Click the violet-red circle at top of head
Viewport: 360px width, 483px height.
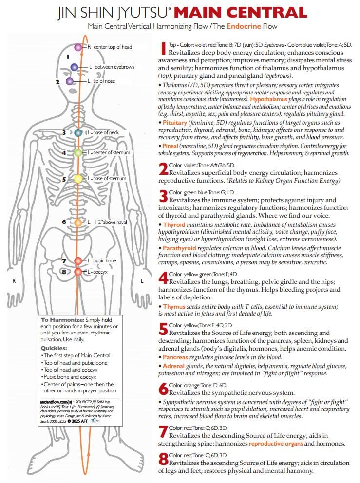pyautogui.click(x=78, y=47)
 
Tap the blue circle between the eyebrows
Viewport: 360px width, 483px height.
pyautogui.click(x=74, y=67)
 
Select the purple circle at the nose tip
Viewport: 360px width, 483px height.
pyautogui.click(x=70, y=81)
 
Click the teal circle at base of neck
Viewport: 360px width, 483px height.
pyautogui.click(x=78, y=133)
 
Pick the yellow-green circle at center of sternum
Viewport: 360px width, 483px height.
pyautogui.click(x=78, y=153)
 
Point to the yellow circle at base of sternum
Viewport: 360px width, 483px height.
pyautogui.click(x=78, y=179)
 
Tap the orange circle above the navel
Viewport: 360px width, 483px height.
pyautogui.click(x=78, y=223)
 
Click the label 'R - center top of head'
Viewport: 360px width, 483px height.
pyautogui.click(x=110, y=47)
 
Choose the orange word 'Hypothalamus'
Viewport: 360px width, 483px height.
pyautogui.click(x=269, y=99)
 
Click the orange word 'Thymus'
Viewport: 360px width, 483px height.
pyautogui.click(x=174, y=307)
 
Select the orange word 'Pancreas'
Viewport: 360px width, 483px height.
pyautogui.click(x=177, y=357)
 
